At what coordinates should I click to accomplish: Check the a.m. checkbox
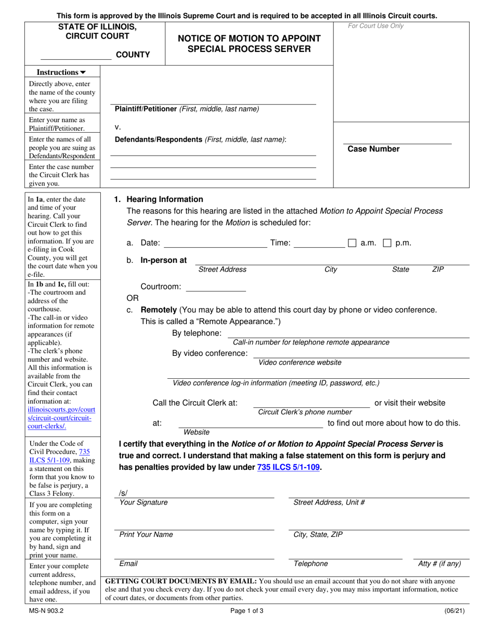pos(352,243)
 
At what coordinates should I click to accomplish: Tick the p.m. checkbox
pos(387,243)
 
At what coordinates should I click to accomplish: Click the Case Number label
pos(373,149)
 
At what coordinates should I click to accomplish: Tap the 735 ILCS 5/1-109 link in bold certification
pos(289,467)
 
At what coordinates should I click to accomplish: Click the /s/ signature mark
pos(123,493)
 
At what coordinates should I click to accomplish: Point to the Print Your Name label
pos(146,534)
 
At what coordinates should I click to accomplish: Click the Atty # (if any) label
pos(439,564)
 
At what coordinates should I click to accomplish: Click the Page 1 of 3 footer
pos(246,611)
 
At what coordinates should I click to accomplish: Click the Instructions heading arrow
pos(83,73)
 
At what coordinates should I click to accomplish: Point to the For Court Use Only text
pos(375,26)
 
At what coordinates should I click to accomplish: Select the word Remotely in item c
pos(159,310)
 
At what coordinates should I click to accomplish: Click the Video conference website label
pos(300,362)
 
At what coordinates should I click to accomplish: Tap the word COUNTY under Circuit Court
pos(133,55)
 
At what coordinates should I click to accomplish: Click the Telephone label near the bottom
pos(310,564)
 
